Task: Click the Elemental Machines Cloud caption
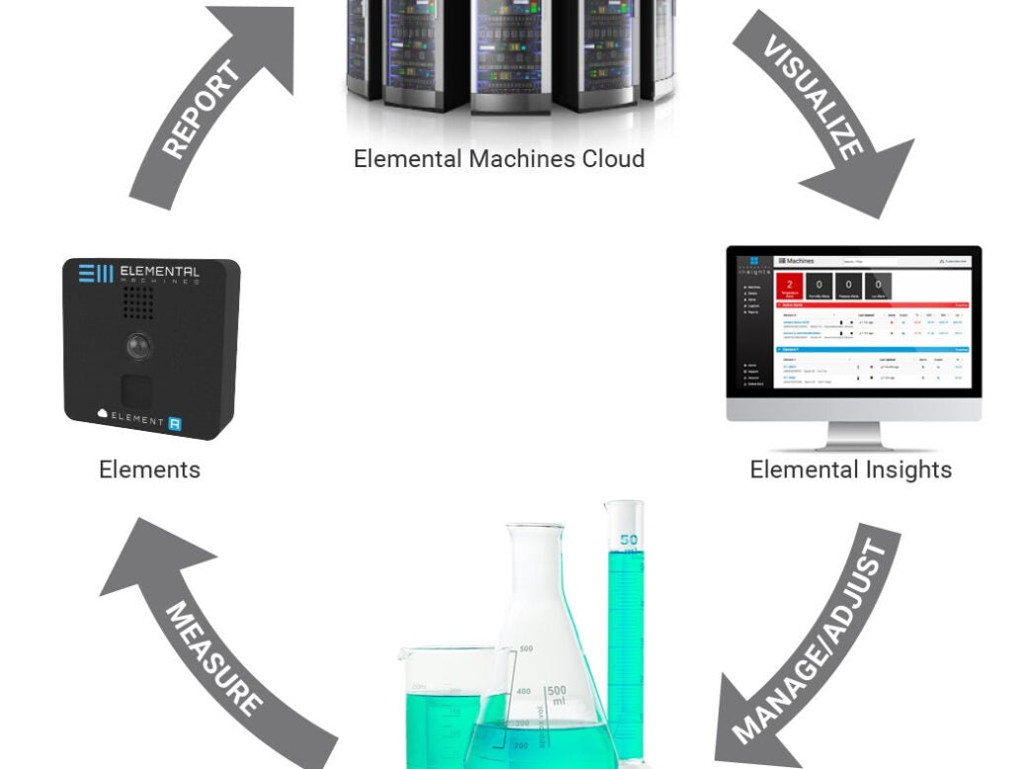click(499, 158)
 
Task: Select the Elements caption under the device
click(149, 469)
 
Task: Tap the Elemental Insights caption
click(850, 469)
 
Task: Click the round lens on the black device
click(138, 346)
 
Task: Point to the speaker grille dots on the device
click(138, 302)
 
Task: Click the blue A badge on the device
click(175, 422)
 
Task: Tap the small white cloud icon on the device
click(102, 415)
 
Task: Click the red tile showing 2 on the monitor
click(790, 287)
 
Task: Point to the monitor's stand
click(853, 435)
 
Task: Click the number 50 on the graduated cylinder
click(628, 540)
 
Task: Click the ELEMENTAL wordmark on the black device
click(158, 271)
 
